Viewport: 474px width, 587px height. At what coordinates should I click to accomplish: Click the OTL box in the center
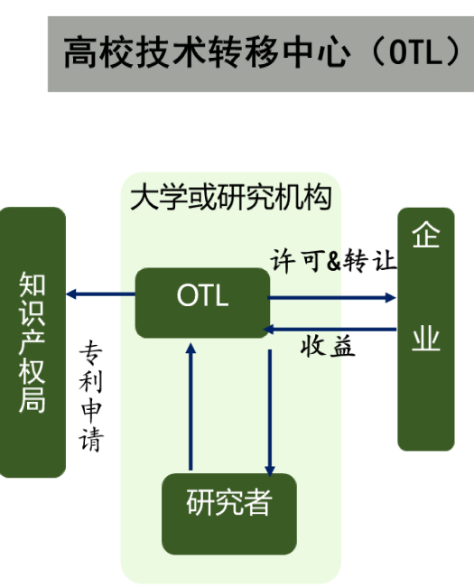coord(202,303)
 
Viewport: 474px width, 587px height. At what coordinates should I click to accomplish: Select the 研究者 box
coord(229,514)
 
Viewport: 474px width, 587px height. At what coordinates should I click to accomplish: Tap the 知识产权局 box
coord(33,342)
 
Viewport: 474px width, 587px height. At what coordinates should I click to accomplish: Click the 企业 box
coord(426,329)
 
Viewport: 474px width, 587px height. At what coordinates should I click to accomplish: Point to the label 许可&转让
coord(333,261)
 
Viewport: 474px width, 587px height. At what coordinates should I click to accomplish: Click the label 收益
coord(328,346)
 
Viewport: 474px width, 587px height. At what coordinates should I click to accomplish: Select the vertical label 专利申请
coord(90,396)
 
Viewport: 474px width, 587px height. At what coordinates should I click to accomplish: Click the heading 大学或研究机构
coord(231,197)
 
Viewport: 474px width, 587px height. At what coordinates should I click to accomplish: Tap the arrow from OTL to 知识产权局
coord(101,294)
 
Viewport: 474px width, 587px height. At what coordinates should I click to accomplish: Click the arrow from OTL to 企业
coord(331,298)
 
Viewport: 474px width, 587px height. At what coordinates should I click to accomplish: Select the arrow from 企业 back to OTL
coord(330,330)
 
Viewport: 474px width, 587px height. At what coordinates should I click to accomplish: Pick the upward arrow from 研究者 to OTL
coord(191,406)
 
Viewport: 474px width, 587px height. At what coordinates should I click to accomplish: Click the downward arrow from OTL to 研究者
coord(270,413)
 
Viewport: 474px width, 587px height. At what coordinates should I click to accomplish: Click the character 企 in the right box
coord(426,234)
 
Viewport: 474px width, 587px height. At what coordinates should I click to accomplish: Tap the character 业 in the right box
coord(426,338)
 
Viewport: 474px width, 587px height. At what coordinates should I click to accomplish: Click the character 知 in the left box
coord(33,284)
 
